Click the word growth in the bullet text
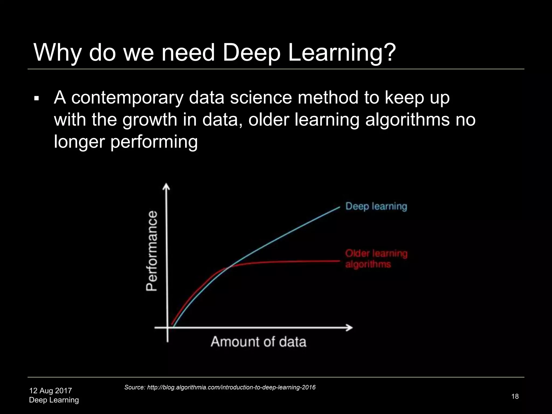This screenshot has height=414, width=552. [x=150, y=120]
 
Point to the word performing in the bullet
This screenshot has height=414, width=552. [x=154, y=142]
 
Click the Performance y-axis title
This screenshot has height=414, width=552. [x=152, y=251]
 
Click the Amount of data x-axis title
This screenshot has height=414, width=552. [x=258, y=342]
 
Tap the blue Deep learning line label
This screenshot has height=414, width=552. [x=376, y=206]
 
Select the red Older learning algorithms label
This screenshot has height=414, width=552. [x=376, y=259]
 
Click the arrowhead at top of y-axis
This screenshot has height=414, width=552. [x=167, y=186]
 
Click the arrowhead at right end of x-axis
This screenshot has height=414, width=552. [x=350, y=327]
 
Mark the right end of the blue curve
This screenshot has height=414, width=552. [x=339, y=207]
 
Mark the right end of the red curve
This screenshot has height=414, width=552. [x=339, y=261]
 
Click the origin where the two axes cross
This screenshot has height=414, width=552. [x=167, y=327]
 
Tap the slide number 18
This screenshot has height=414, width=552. [x=515, y=396]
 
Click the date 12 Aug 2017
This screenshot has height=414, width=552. [x=50, y=391]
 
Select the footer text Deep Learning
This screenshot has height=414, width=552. [x=54, y=400]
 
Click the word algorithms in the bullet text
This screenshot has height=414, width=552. [x=407, y=120]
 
